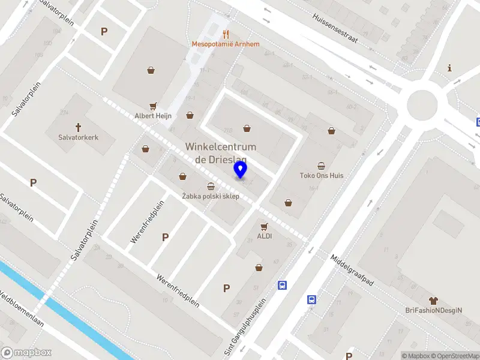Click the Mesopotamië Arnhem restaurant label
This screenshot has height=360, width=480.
(226, 44)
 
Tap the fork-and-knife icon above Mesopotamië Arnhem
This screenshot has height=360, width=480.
(226, 34)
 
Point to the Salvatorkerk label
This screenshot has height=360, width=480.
(78, 137)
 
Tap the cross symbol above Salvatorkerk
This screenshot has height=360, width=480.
(78, 127)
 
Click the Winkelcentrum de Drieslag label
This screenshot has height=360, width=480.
(221, 153)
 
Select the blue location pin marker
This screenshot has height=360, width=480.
(241, 171)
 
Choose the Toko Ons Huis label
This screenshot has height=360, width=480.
(321, 176)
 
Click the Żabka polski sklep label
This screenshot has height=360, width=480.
(211, 197)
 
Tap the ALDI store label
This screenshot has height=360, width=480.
(264, 236)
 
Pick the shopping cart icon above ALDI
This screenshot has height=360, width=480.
(264, 226)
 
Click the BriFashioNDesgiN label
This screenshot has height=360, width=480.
(433, 310)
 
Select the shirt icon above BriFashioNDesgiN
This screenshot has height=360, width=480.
(433, 300)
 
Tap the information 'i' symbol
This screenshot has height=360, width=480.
(449, 68)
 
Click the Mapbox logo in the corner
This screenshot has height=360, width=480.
(26, 353)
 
